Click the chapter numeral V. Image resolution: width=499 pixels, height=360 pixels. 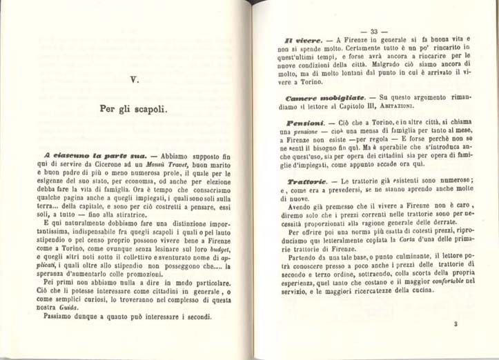[135, 80]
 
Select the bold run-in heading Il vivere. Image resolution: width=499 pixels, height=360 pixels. [300, 41]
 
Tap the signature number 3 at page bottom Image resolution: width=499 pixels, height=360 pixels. [456, 324]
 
